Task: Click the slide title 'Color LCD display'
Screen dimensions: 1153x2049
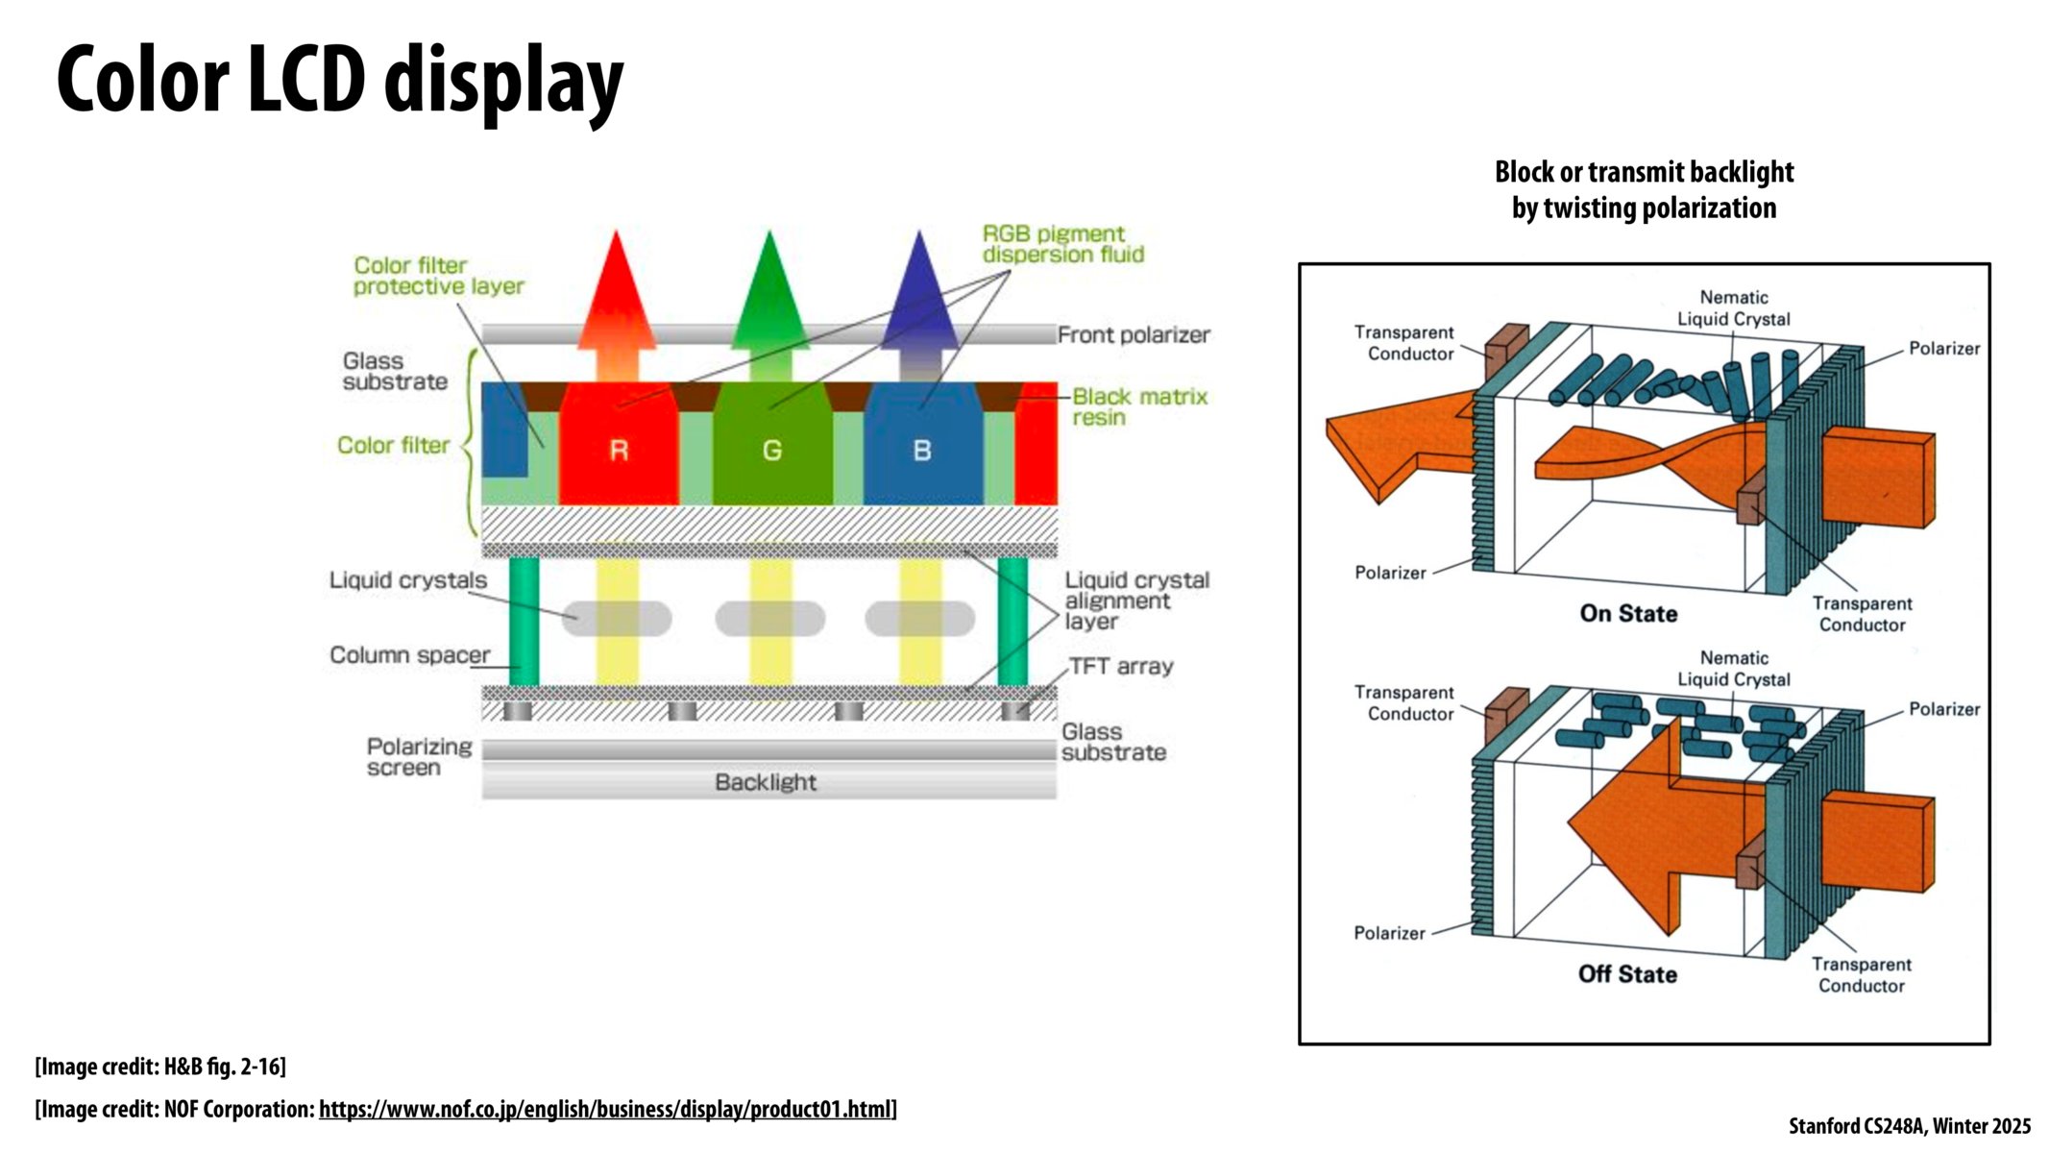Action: coord(340,81)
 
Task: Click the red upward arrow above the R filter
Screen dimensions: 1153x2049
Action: coord(617,298)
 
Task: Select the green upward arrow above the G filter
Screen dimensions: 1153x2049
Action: coord(769,298)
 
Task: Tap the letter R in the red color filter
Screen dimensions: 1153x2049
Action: coord(619,450)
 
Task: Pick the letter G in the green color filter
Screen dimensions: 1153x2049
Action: coord(771,450)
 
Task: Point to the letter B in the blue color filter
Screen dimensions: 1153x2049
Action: coord(922,450)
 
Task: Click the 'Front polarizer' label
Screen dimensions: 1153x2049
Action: coord(1134,334)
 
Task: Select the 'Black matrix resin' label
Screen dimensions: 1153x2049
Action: coord(1139,406)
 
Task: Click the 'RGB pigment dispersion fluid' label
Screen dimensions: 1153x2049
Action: coord(1062,244)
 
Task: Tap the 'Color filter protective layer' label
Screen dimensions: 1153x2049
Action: coord(438,276)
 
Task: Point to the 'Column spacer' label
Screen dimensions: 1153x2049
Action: coord(409,654)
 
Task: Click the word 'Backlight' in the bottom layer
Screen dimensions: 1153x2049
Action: coord(766,782)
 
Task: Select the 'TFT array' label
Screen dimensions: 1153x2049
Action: coord(1121,666)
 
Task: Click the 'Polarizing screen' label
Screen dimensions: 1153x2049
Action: coord(419,757)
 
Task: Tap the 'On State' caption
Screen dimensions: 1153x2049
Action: coord(1628,613)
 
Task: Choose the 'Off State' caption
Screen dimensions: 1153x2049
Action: coord(1627,973)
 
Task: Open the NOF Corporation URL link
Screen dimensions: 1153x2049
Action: coord(605,1109)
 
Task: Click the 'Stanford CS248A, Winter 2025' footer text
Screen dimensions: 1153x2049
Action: coord(1909,1126)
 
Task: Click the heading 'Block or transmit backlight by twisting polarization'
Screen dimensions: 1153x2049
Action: coord(1644,189)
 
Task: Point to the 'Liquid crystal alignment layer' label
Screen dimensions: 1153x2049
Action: coord(1136,601)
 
